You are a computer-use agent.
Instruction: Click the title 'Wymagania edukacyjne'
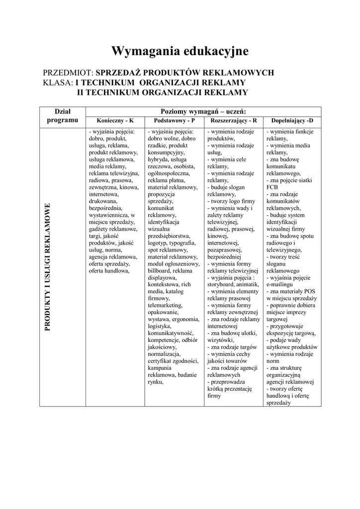(x=180, y=51)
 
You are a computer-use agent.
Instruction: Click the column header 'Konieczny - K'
(x=115, y=121)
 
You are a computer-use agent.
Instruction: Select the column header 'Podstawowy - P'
(x=174, y=121)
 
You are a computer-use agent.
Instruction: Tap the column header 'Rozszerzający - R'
(x=234, y=121)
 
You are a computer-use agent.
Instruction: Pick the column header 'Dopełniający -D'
(x=292, y=121)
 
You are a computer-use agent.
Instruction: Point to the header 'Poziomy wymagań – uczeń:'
(x=203, y=111)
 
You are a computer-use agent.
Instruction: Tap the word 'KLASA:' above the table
(x=58, y=82)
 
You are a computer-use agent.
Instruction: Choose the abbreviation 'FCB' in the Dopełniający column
(x=272, y=187)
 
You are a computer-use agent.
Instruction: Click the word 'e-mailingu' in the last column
(x=281, y=284)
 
